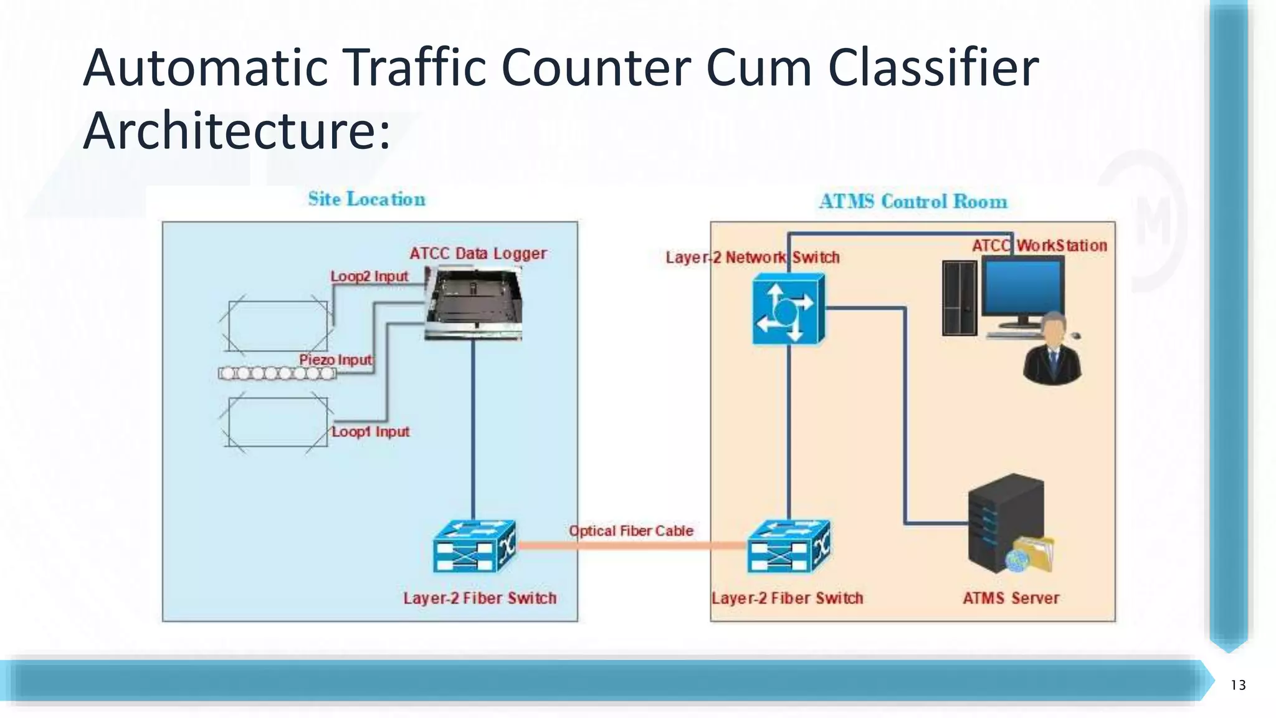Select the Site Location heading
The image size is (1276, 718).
[366, 199]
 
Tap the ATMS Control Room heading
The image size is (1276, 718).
[913, 201]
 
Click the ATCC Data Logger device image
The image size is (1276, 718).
[474, 304]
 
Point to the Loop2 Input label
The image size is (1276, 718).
[369, 276]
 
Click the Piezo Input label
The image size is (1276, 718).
[335, 360]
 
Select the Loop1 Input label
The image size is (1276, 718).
[370, 431]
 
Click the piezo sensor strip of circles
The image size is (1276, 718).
[277, 373]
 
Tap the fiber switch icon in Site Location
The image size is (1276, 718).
[474, 547]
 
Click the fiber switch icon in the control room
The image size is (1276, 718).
[789, 547]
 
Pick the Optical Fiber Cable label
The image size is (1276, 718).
[631, 530]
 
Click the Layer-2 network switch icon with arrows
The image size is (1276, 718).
[788, 310]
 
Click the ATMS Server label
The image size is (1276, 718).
[1011, 598]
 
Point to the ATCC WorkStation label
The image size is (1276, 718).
[1039, 246]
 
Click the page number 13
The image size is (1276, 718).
[1238, 685]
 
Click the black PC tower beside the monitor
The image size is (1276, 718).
[959, 298]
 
